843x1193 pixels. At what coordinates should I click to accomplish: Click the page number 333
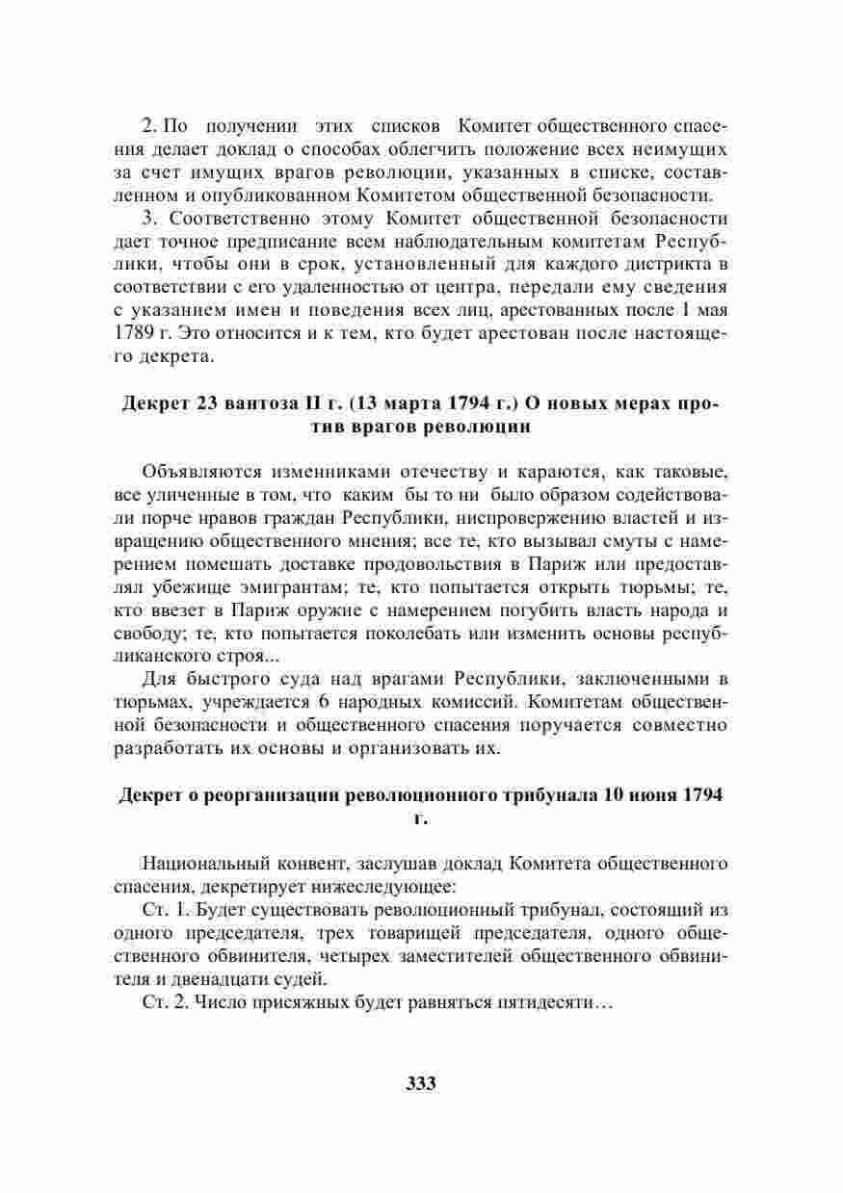tap(421, 1082)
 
